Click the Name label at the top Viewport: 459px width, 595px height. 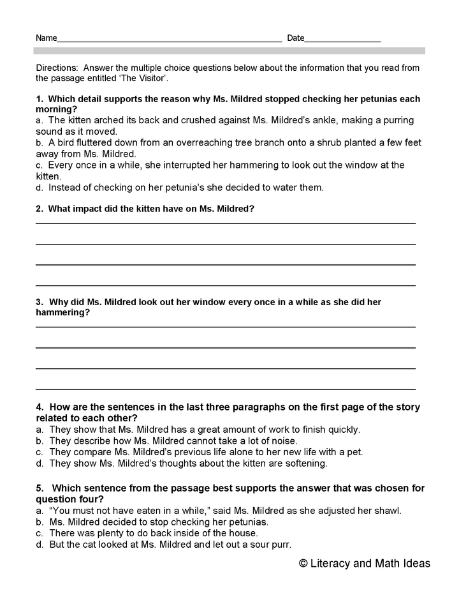[x=46, y=38]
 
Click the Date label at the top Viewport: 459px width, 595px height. [x=296, y=38]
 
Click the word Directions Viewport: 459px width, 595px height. [x=57, y=68]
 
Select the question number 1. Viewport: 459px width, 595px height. [x=39, y=99]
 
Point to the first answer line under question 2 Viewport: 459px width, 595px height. [x=225, y=223]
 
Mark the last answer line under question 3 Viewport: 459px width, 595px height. [x=225, y=388]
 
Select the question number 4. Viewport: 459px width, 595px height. [x=39, y=407]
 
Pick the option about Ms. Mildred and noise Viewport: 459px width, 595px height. [x=172, y=441]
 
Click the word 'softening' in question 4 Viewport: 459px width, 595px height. [x=305, y=463]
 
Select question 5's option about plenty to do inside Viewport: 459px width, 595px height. [x=153, y=532]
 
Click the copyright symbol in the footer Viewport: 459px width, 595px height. [x=303, y=563]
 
